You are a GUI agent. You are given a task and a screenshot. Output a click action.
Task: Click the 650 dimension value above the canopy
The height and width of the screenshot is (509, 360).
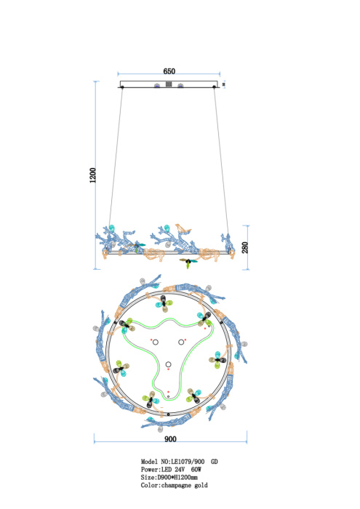169,71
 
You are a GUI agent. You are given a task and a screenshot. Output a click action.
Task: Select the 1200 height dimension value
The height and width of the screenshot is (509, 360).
93,175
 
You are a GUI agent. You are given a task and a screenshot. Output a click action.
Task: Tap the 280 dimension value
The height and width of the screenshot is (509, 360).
245,247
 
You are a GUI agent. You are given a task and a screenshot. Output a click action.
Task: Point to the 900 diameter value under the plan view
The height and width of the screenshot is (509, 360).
170,439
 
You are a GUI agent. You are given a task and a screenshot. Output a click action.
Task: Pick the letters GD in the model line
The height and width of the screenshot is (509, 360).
215,462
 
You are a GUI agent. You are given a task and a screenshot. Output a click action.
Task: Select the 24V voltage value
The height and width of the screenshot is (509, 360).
180,470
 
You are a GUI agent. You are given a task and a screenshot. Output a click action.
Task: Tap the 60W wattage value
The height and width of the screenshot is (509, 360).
196,470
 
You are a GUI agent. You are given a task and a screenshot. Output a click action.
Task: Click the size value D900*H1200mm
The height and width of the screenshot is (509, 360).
177,478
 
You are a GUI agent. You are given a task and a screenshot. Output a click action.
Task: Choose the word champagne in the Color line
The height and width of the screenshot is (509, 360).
177,486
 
